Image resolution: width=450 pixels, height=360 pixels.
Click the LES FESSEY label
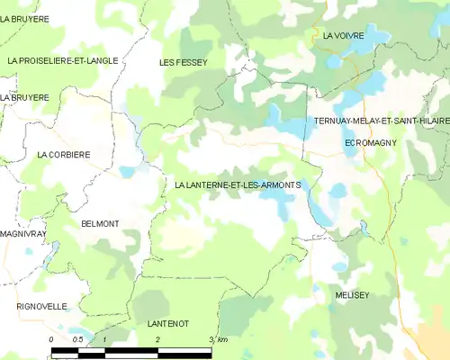(184, 62)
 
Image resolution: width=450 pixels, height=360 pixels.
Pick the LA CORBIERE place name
(63, 155)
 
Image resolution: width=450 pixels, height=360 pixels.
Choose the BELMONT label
(100, 223)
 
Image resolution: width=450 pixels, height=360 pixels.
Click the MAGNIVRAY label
(17, 233)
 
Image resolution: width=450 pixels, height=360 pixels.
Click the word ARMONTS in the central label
(281, 185)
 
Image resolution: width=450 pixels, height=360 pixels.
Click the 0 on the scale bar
(52, 338)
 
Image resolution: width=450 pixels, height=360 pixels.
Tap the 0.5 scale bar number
(77, 338)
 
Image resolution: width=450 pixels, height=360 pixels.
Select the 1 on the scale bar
(105, 338)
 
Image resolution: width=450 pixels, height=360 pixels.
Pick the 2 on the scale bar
(157, 338)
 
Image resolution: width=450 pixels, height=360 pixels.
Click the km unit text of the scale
(221, 338)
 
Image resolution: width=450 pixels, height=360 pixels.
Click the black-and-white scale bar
(131, 349)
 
